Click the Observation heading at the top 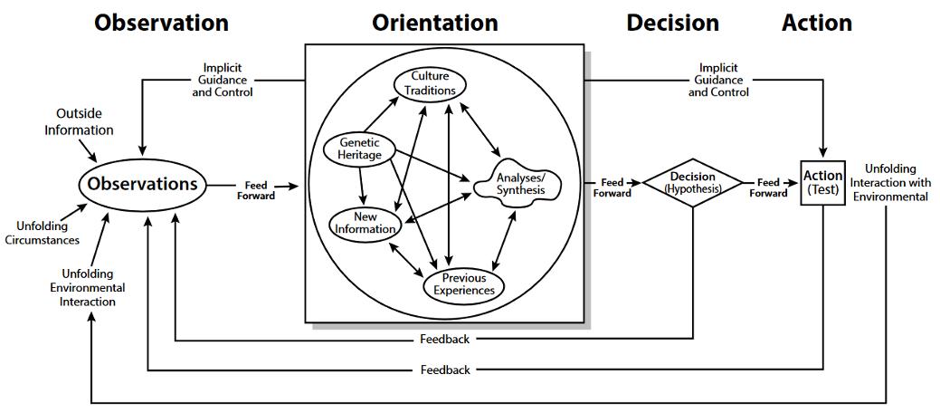pos(162,22)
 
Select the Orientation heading pos(434,22)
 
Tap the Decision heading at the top pos(672,22)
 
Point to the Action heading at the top pos(817,22)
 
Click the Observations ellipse pos(143,184)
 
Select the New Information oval pos(365,223)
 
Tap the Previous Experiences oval pos(463,284)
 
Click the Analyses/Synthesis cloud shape pos(522,184)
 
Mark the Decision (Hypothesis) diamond pos(692,183)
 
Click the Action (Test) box pos(822,182)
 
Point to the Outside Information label pos(85,122)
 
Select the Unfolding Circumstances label pos(47,233)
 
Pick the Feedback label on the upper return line pos(445,340)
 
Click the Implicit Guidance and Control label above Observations pos(222,80)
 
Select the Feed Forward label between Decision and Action pos(772,187)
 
